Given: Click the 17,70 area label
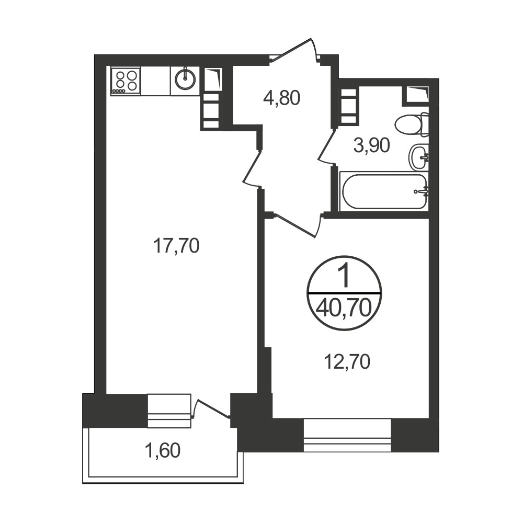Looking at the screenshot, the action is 176,246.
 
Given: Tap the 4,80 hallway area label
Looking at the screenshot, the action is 282,98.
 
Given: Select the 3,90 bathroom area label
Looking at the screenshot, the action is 371,146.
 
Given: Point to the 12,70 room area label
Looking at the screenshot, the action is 347,362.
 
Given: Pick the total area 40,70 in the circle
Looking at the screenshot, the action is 344,308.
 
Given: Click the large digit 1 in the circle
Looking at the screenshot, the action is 344,276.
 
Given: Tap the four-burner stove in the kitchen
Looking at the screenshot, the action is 126,81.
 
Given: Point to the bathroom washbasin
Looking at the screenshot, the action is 418,157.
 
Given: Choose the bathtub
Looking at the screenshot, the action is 383,191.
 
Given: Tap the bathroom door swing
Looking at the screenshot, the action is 327,147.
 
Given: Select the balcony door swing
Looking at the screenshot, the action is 211,408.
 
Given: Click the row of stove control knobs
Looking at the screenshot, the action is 119,90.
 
